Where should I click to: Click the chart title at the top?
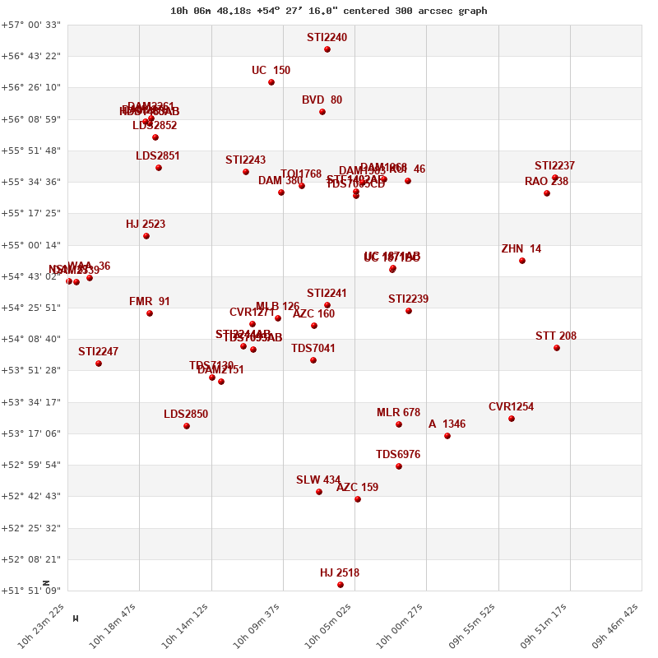[x=328, y=11]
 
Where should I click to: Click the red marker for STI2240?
[x=327, y=49]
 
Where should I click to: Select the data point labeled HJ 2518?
[x=341, y=585]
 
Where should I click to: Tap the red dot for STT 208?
[x=557, y=348]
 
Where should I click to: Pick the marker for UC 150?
[x=271, y=82]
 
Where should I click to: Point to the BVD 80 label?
[x=322, y=100]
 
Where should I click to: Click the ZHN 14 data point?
[x=522, y=261]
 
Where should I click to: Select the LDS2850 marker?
[x=187, y=426]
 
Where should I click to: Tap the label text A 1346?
[x=447, y=424]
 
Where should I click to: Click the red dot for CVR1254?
[x=512, y=419]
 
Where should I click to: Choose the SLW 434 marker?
[x=319, y=492]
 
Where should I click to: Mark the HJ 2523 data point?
[x=146, y=236]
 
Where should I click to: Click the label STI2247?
[x=99, y=352]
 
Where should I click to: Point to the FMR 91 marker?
[x=150, y=313]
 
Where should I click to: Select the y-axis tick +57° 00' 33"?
[x=32, y=25]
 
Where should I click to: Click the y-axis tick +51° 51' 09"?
[x=32, y=591]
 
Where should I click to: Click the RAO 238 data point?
[x=547, y=193]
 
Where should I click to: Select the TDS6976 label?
[x=398, y=455]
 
